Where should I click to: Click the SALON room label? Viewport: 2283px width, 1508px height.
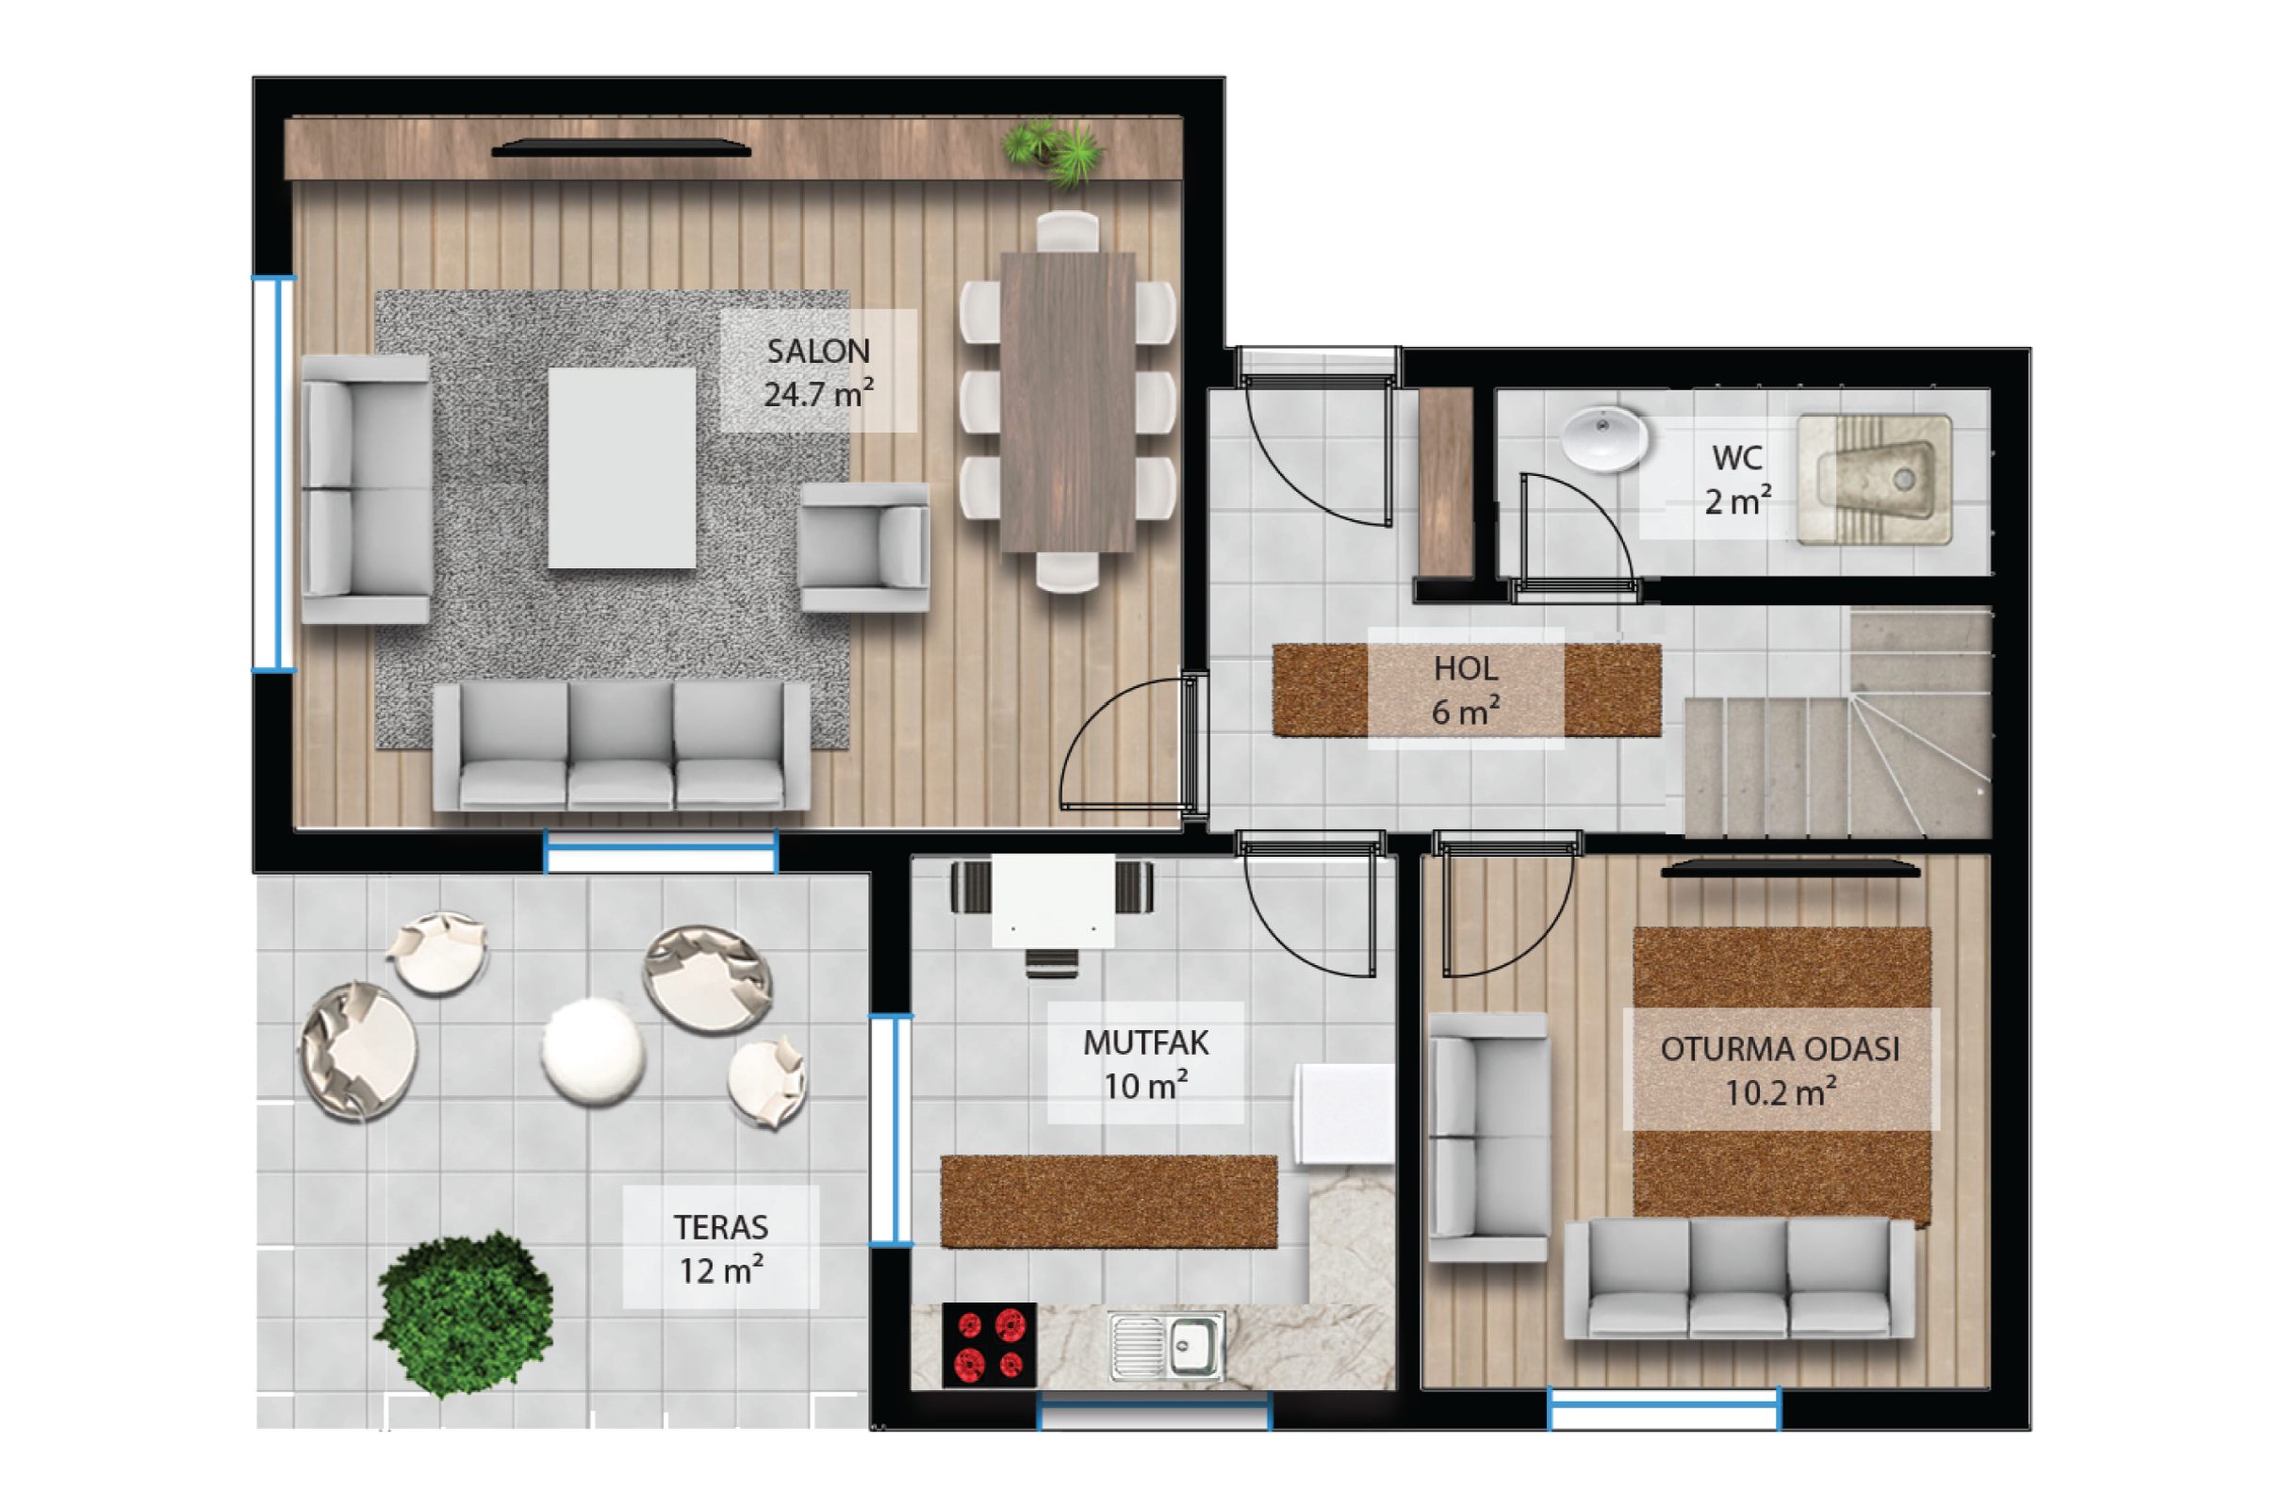(x=818, y=372)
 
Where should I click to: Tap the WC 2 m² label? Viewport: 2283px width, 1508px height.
(x=1738, y=479)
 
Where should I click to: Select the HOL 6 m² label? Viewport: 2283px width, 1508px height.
(x=1466, y=690)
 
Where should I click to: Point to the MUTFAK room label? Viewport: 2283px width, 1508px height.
(x=1145, y=1064)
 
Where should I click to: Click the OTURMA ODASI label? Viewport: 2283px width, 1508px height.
(x=1780, y=1070)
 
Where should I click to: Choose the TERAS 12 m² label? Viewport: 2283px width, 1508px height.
(x=721, y=1248)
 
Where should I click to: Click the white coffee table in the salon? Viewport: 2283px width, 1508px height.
(x=621, y=467)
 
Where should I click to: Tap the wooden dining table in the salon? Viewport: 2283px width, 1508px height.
(x=1067, y=402)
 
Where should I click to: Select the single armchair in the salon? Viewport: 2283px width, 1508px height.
(x=863, y=547)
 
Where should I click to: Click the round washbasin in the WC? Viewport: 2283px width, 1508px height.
(x=1603, y=438)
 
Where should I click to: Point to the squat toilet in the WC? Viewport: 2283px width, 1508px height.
(x=1874, y=479)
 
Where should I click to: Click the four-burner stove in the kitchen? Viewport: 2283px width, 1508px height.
(x=990, y=1344)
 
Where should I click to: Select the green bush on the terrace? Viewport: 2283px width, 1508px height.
(x=466, y=1314)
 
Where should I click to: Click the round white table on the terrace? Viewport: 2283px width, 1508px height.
(x=592, y=1051)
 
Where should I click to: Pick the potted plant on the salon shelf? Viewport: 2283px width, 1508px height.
(x=1054, y=152)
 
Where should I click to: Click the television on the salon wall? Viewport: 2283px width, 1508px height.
(x=621, y=148)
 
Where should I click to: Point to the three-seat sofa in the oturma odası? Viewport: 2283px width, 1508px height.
(x=1739, y=1278)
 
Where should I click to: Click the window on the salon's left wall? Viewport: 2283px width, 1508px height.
(x=274, y=473)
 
